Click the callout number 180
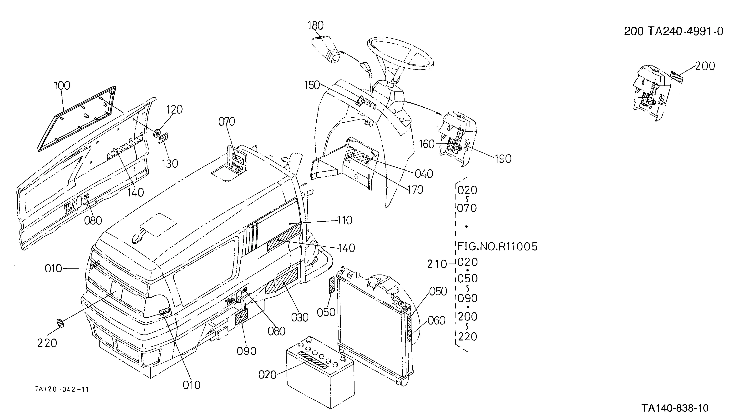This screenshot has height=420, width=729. pos(316,26)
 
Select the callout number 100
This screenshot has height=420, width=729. pos(62,86)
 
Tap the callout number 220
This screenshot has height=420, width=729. pos(47,343)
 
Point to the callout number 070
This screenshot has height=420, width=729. pos(227,122)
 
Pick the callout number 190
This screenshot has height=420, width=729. pos(503,159)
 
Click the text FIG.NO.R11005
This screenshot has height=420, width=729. pos(497,247)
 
